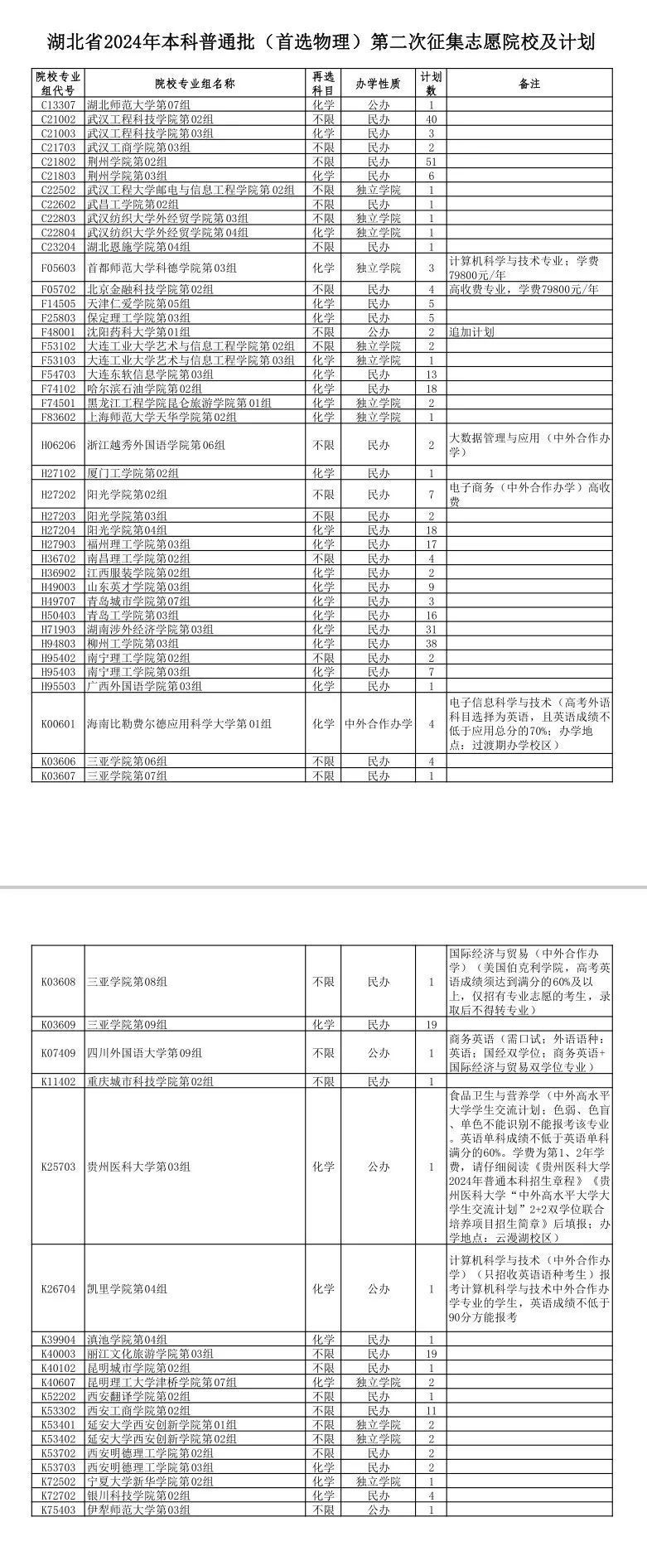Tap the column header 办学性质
pyautogui.click(x=378, y=84)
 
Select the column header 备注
pyautogui.click(x=529, y=84)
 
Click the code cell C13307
pyautogui.click(x=58, y=106)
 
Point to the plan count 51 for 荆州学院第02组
pyautogui.click(x=431, y=162)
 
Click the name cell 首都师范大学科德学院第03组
pyautogui.click(x=162, y=268)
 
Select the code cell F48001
pyautogui.click(x=58, y=332)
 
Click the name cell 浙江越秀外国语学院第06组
pyautogui.click(x=157, y=446)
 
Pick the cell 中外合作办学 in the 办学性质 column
pyautogui.click(x=378, y=724)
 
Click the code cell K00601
pyautogui.click(x=58, y=724)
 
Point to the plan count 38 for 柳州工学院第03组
pyautogui.click(x=431, y=644)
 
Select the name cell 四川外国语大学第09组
pyautogui.click(x=145, y=1053)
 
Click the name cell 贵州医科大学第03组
pyautogui.click(x=139, y=1167)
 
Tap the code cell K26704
pyautogui.click(x=58, y=1289)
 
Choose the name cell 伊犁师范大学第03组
pyautogui.click(x=139, y=1534)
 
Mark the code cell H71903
pyautogui.click(x=58, y=630)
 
